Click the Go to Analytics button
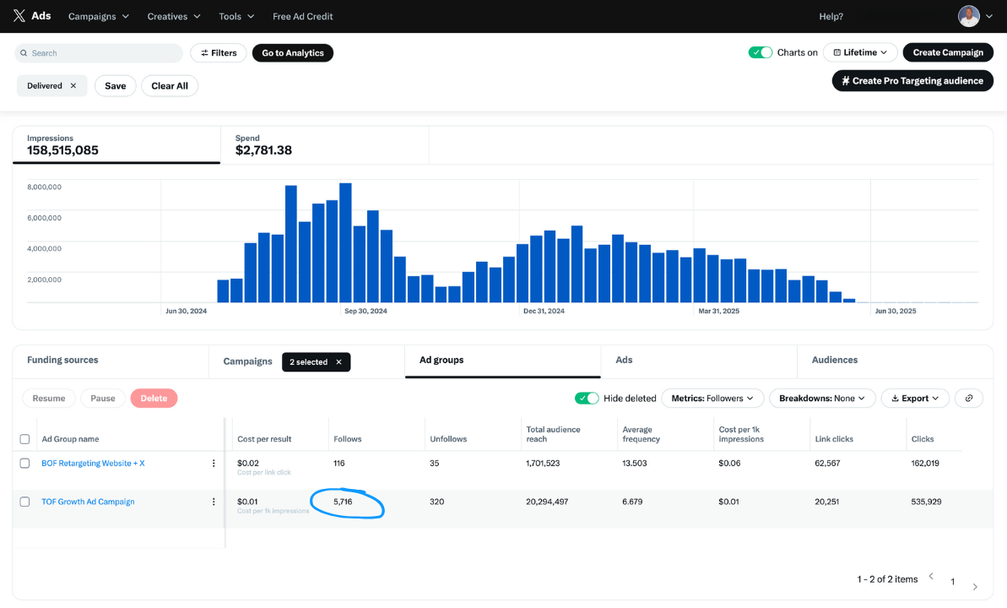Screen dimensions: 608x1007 [x=292, y=53]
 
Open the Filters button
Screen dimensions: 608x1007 [x=218, y=53]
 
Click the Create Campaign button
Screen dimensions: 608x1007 [x=947, y=52]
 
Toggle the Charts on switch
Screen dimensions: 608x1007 [x=761, y=52]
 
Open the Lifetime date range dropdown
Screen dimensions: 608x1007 [x=859, y=52]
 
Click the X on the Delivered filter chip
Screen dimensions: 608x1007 [x=73, y=86]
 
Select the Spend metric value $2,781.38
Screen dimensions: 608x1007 [x=263, y=150]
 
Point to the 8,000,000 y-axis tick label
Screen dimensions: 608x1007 [x=44, y=187]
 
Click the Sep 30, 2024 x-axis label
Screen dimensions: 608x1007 [x=365, y=311]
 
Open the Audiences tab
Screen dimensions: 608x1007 [x=834, y=360]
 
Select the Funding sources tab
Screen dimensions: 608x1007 [x=62, y=360]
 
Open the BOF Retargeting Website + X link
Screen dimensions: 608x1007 [x=93, y=464]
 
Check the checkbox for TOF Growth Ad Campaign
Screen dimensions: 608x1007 [x=24, y=502]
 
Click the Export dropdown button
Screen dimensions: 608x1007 [x=915, y=399]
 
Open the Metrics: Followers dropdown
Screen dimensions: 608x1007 [x=712, y=399]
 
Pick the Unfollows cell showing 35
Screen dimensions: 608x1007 [x=436, y=464]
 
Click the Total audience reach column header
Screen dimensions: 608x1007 [x=553, y=434]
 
